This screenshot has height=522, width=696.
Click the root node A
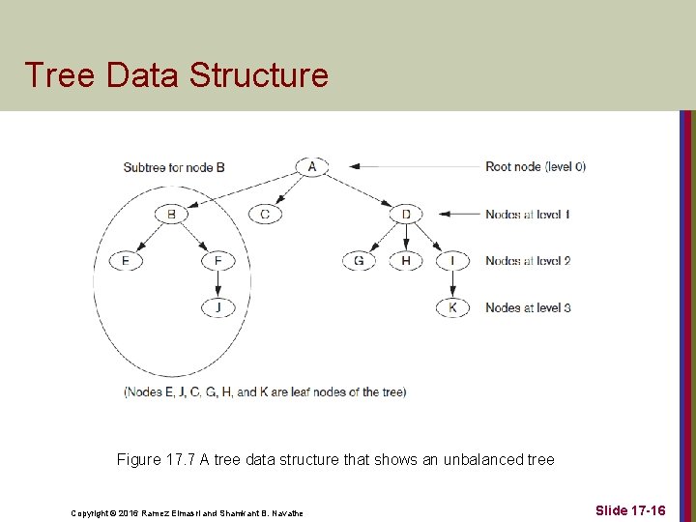[311, 166]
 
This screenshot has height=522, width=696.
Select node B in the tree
[171, 214]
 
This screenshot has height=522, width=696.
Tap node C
[265, 214]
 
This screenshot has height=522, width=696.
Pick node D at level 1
[406, 214]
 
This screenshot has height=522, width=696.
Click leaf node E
[125, 261]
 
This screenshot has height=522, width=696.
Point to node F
[218, 261]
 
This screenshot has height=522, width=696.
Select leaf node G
[359, 261]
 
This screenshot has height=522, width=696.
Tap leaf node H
[406, 261]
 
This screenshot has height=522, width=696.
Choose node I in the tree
[452, 261]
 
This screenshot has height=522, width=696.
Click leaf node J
[218, 307]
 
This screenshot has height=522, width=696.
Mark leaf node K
[452, 307]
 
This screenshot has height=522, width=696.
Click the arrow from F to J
[218, 284]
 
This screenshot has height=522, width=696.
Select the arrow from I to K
[452, 284]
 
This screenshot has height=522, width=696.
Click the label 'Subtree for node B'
[174, 167]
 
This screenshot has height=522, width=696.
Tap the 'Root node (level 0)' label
[536, 166]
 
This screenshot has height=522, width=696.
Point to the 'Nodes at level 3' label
[528, 307]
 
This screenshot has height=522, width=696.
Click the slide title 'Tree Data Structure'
[176, 74]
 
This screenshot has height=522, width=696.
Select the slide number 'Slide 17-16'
[630, 509]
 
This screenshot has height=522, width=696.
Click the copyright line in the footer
[187, 513]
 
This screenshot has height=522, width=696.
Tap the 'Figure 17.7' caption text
[335, 459]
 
